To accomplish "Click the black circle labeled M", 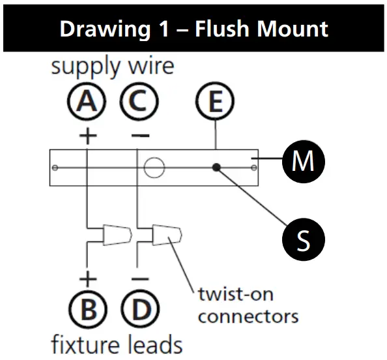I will click(x=302, y=160).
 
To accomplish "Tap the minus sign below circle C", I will click(x=138, y=136).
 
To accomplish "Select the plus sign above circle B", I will click(x=87, y=278).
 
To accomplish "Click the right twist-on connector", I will click(x=167, y=233).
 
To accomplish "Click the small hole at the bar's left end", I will click(x=56, y=168).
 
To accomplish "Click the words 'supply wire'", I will click(x=112, y=67).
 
